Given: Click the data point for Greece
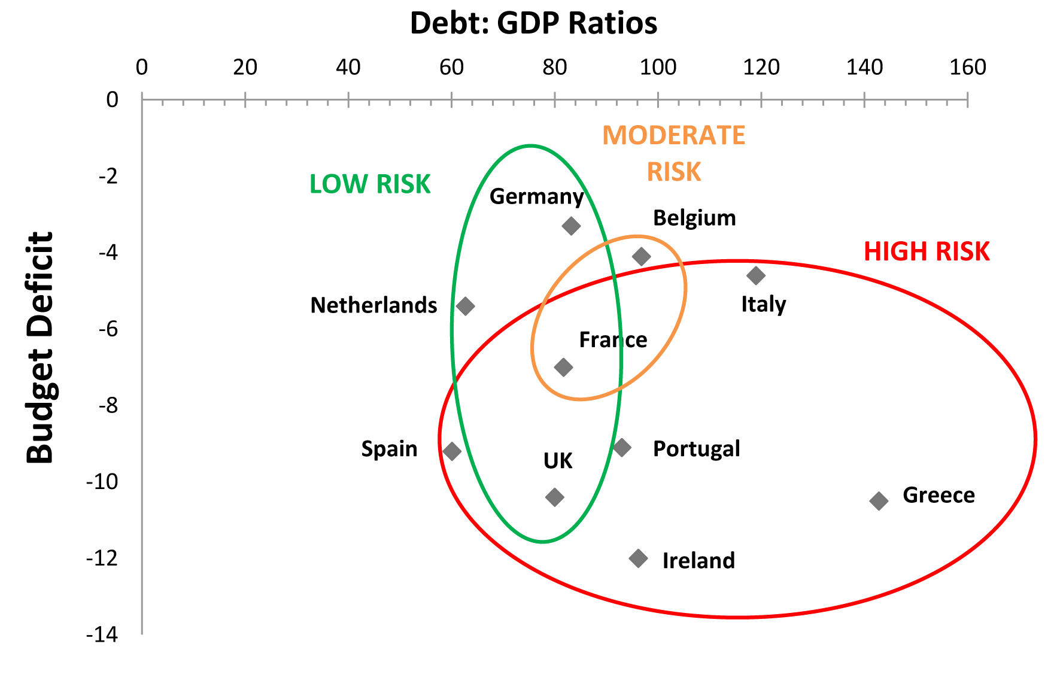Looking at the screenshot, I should click(878, 501).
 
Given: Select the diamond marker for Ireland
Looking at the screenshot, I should click(638, 558).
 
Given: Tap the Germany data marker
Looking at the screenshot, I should click(571, 226).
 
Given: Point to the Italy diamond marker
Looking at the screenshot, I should click(756, 276).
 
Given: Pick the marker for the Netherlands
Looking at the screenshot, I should click(465, 306).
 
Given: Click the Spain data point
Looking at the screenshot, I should click(452, 451).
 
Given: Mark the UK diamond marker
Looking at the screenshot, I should click(555, 497).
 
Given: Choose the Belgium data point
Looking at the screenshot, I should click(641, 257).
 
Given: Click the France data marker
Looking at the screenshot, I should click(563, 367).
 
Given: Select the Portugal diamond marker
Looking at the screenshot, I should click(622, 447).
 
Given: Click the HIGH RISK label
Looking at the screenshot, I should click(926, 252).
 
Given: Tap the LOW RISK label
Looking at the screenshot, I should click(370, 184).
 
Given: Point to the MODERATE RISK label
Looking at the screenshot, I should click(673, 154).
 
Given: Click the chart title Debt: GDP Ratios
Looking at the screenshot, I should click(533, 23).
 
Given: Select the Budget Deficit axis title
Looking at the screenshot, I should click(40, 347).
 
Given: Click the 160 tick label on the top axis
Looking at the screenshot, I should click(967, 67).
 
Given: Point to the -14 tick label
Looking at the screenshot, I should click(102, 634).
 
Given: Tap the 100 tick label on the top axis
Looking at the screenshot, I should click(658, 67).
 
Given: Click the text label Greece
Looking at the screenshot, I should click(938, 495).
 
